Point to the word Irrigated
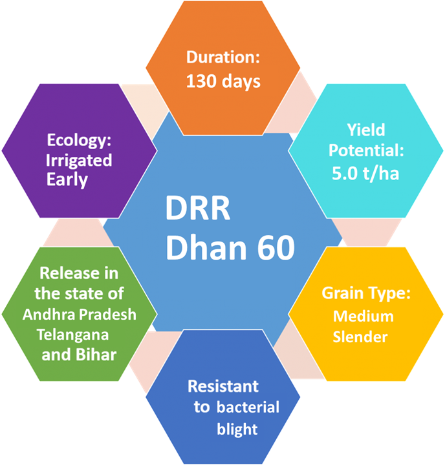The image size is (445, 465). coord(79,161)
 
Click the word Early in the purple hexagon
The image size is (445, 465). coord(67,180)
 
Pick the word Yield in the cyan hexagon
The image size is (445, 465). coord(366,130)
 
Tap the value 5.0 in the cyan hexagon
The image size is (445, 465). coord(345,173)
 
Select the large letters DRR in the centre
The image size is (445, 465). coord(198,208)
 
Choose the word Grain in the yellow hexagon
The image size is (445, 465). coord(343,293)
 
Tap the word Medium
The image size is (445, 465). coord(364,316)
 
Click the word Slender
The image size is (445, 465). coord(360,337)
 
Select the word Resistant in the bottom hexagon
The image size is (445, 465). coord(223,386)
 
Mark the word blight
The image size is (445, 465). coord(237,429)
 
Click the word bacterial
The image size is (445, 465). coord(248,407)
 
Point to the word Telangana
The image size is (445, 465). coord(73,335)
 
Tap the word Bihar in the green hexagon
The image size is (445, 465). coord(96,355)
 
